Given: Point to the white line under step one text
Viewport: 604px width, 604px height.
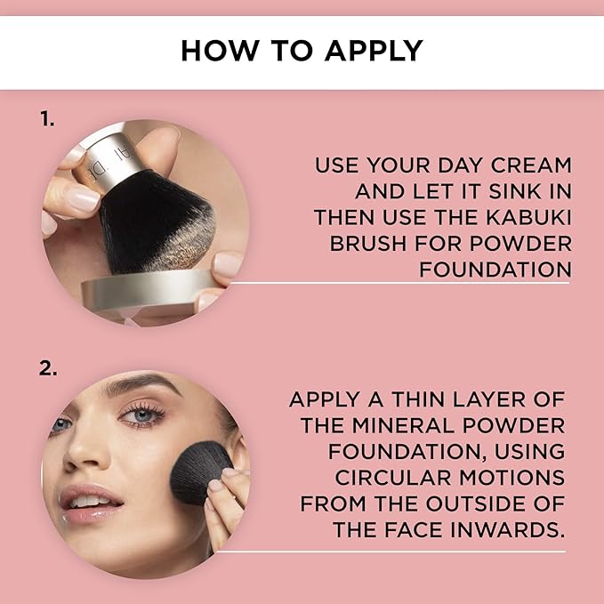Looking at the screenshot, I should (400, 283).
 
